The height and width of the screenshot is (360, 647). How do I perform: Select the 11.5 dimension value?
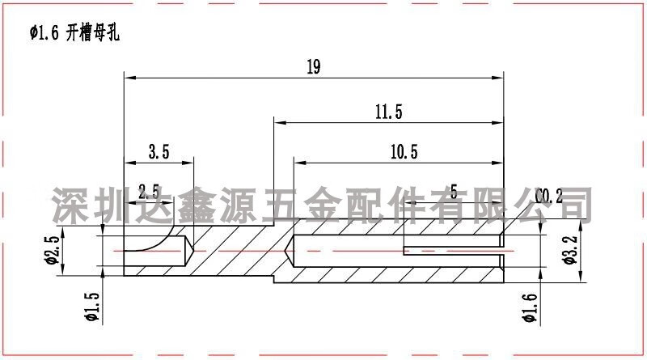tap(388, 112)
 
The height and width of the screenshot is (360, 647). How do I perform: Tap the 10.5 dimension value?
tap(403, 151)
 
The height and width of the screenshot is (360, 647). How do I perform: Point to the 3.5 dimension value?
tap(159, 151)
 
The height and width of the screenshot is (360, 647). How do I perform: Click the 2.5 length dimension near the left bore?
tap(148, 192)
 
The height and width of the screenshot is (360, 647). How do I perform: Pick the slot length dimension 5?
tap(453, 192)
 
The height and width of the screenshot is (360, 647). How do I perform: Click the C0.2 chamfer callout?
tap(549, 196)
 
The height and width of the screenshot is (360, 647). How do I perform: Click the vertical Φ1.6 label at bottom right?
tap(531, 307)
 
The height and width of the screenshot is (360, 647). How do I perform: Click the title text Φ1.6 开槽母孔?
tap(73, 33)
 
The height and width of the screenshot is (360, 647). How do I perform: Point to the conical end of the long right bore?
tap(291, 251)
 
